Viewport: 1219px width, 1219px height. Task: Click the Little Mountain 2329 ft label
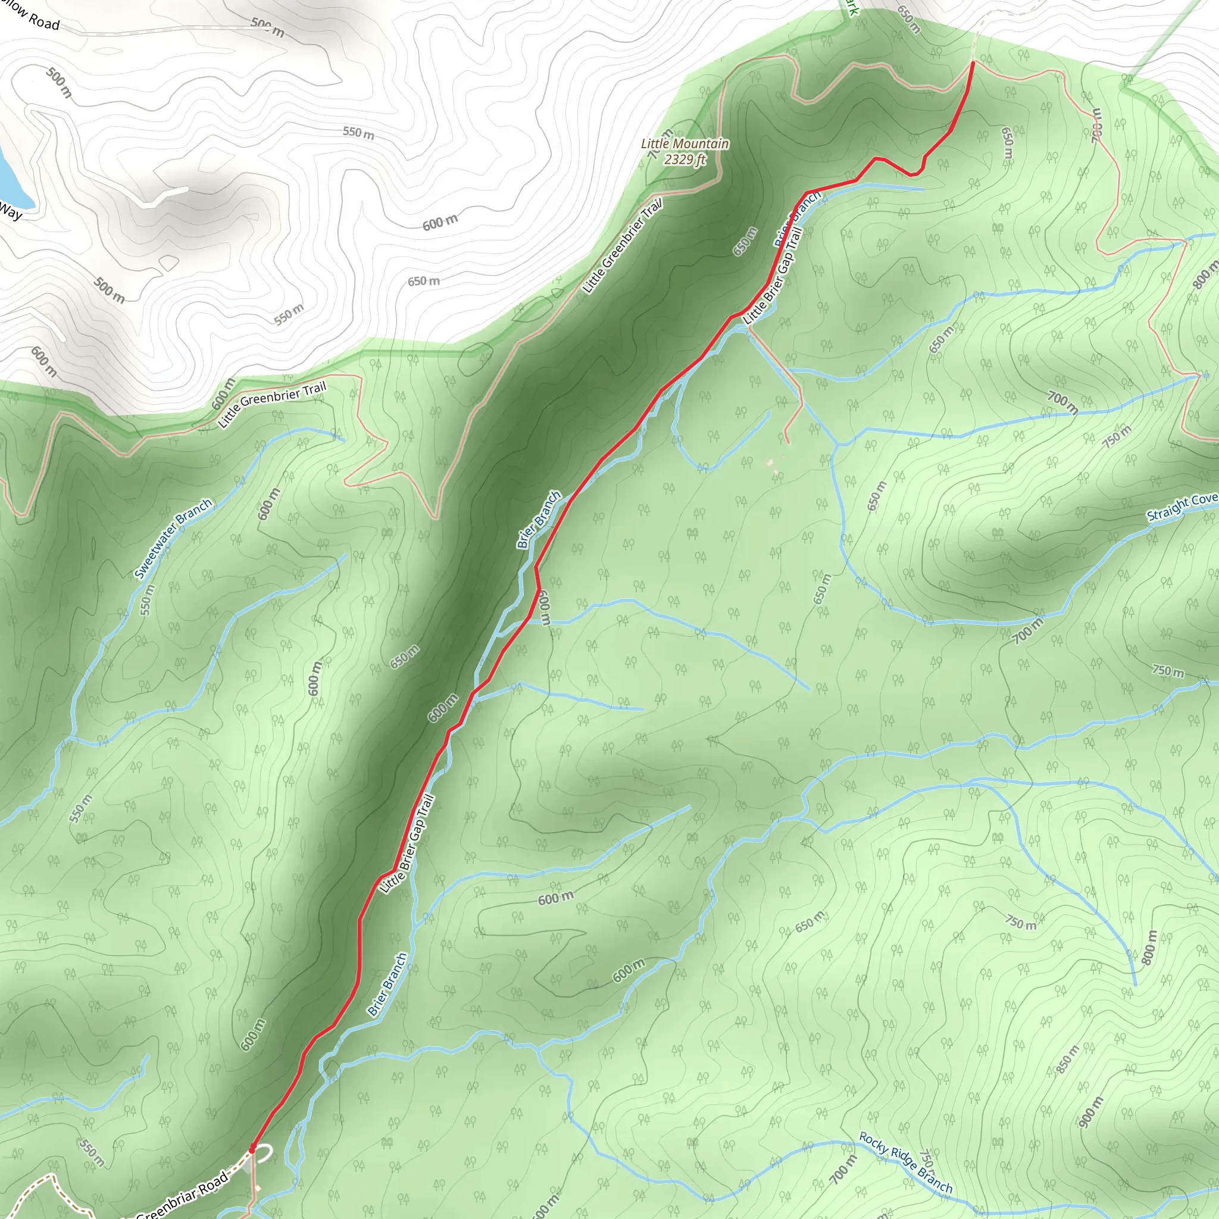[x=684, y=151]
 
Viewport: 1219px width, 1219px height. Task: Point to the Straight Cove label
[x=1181, y=507]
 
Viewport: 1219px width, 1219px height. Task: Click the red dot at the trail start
[x=252, y=1149]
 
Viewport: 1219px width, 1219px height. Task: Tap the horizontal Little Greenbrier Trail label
[x=272, y=404]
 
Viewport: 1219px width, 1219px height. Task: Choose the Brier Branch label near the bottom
[x=387, y=984]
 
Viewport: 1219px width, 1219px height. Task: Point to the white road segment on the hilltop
[x=164, y=197]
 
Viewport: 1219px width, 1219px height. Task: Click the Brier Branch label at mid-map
[x=538, y=519]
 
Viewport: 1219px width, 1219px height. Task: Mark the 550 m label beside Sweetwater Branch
[x=146, y=600]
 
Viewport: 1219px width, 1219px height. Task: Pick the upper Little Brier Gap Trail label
[x=773, y=276]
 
